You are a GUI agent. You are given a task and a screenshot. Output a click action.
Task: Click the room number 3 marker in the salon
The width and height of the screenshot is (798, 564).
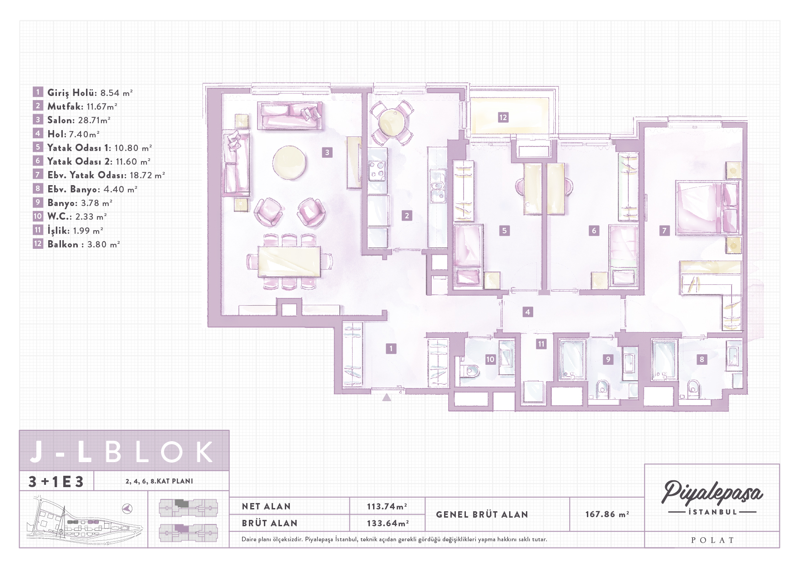click(327, 152)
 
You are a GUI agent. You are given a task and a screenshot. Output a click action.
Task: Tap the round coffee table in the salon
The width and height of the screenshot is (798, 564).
click(289, 162)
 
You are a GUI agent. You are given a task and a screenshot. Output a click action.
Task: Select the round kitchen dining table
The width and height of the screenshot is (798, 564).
click(392, 121)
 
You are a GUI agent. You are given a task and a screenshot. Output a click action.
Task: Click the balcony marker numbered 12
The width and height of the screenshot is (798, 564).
click(503, 117)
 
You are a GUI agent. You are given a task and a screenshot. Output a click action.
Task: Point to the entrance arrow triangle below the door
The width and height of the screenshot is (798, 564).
click(386, 397)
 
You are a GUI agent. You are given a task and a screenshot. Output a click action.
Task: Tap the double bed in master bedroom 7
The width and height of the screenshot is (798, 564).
click(708, 208)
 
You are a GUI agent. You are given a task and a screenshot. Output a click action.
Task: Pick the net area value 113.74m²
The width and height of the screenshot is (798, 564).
click(387, 506)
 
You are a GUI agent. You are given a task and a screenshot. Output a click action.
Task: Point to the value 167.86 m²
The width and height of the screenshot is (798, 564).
click(607, 514)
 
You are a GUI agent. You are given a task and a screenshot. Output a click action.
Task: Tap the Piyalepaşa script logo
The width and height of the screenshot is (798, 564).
click(712, 492)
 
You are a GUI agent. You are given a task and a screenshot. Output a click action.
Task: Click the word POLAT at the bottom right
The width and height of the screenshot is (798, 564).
click(712, 540)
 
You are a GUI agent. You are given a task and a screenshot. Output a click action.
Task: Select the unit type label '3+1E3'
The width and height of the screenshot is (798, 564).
click(56, 481)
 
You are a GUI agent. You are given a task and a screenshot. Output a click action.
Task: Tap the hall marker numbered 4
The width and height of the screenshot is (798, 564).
click(527, 312)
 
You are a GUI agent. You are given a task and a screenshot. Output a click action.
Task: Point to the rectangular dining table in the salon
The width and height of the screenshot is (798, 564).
click(289, 262)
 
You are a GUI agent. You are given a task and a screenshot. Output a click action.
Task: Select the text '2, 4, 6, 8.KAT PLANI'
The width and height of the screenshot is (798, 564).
click(159, 481)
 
